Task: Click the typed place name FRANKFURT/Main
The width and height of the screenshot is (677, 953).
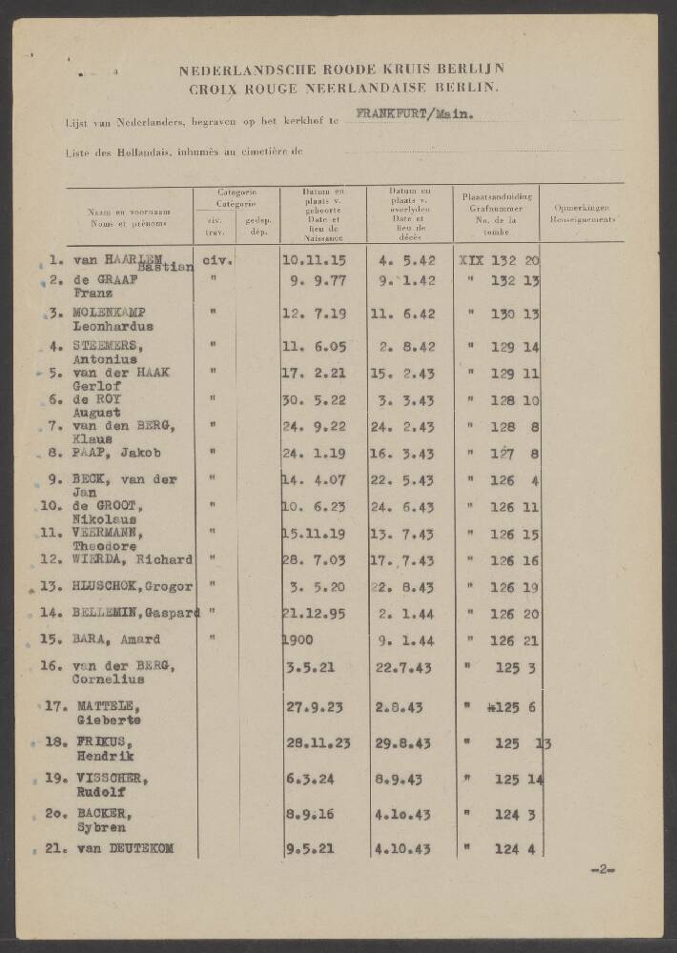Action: coord(413,116)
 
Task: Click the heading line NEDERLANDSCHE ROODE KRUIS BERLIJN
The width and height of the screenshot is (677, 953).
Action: coord(341,69)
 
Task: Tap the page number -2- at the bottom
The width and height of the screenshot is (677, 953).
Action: coord(604,869)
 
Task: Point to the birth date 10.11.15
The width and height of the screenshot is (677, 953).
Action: coord(315,260)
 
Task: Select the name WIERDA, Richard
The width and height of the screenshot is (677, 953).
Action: coord(132,559)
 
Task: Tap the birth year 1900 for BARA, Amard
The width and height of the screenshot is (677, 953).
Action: coord(299,640)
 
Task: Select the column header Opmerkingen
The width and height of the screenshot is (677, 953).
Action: coord(582,207)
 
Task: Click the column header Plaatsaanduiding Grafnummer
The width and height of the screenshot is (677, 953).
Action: coord(496,201)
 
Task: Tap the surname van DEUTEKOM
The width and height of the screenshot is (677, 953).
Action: coord(122,848)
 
